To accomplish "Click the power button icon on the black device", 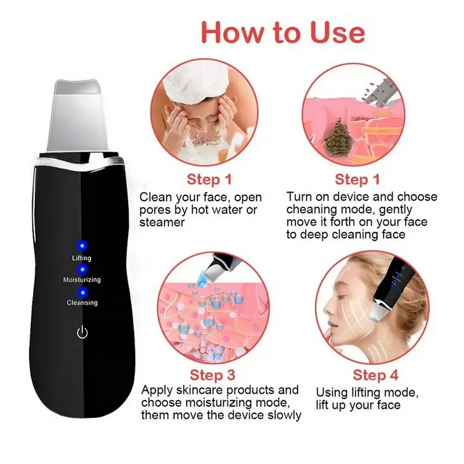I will click(x=82, y=332).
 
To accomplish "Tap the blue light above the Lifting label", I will click(x=82, y=244).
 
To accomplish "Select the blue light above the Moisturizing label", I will click(x=82, y=269).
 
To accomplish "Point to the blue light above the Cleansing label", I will click(x=82, y=292).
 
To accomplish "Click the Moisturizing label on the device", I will click(x=82, y=280).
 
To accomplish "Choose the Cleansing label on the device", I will click(x=82, y=303).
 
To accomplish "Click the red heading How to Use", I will click(x=282, y=32).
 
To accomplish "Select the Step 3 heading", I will click(x=212, y=374).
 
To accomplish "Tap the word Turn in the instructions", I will click(x=299, y=197).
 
